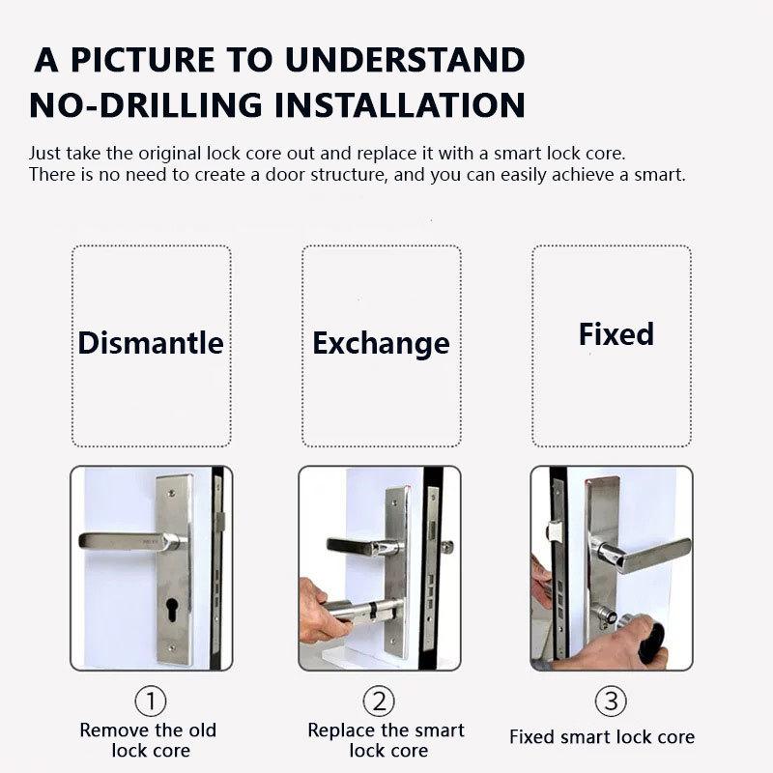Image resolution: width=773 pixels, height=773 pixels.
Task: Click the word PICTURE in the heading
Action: tap(143, 60)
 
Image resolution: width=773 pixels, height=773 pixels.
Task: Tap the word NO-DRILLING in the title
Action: tap(146, 105)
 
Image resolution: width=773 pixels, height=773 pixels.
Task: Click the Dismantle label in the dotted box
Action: tap(151, 343)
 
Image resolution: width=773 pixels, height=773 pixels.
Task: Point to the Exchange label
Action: tap(381, 344)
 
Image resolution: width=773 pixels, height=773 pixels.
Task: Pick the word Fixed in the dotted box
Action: tap(616, 334)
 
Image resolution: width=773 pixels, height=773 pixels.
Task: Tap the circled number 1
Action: tap(151, 701)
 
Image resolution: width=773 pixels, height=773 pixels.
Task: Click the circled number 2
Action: tap(379, 701)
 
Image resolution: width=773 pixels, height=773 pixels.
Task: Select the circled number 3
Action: tap(611, 701)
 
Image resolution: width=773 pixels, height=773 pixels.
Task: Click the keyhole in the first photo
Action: tap(172, 611)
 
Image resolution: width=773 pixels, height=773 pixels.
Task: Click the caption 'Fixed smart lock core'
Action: tap(602, 737)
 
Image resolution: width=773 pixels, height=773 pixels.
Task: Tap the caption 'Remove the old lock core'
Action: tap(149, 740)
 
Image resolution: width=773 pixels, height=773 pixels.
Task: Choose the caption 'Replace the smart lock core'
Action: tap(386, 740)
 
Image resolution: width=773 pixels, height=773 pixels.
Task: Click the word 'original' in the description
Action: tap(170, 154)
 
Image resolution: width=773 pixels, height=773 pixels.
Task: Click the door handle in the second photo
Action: tap(365, 546)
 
